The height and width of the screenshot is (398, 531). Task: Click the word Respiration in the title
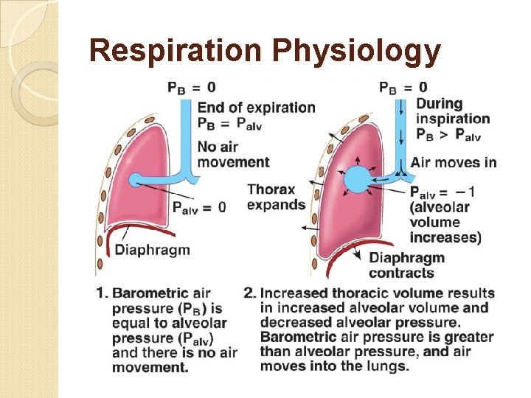[x=176, y=51]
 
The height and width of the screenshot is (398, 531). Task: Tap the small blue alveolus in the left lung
[x=135, y=179]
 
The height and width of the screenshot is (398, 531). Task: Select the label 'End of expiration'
[x=256, y=107]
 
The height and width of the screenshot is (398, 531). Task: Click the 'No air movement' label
[x=232, y=154]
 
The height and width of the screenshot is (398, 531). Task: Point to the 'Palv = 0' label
[x=198, y=207]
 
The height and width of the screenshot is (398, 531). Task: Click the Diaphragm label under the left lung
[x=152, y=250]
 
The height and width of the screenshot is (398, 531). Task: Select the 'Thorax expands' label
[x=276, y=197]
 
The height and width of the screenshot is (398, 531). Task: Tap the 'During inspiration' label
[x=452, y=111]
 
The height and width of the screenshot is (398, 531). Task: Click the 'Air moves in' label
[x=453, y=162]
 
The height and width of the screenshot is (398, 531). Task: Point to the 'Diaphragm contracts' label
[x=406, y=265]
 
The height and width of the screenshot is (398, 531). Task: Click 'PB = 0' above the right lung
[x=403, y=88]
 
